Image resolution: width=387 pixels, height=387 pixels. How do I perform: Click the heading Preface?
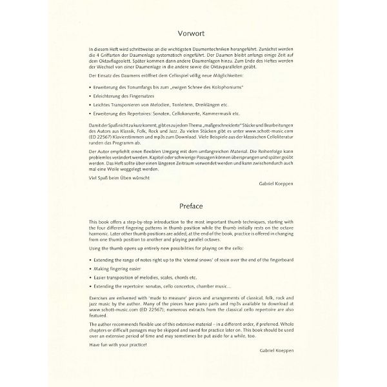(x=193, y=207)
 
